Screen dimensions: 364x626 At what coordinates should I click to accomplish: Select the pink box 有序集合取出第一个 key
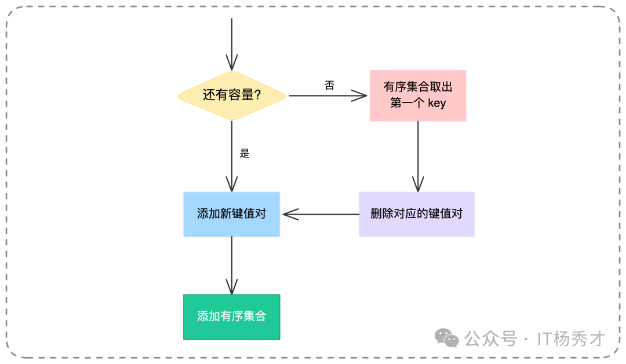[417, 95]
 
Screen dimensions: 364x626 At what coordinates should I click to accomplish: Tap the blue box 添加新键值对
[231, 214]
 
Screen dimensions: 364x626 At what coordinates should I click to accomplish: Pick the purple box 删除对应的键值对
[416, 214]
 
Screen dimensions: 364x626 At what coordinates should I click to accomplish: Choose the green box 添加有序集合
[231, 317]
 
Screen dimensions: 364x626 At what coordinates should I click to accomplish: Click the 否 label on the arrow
[329, 86]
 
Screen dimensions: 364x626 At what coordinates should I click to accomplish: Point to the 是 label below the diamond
[245, 153]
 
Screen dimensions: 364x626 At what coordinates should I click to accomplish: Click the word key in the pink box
[436, 104]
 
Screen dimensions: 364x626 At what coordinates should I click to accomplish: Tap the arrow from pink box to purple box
[417, 156]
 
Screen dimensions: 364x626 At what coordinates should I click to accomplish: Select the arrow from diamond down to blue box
[231, 156]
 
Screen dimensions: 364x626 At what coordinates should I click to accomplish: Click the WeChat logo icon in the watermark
[447, 338]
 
